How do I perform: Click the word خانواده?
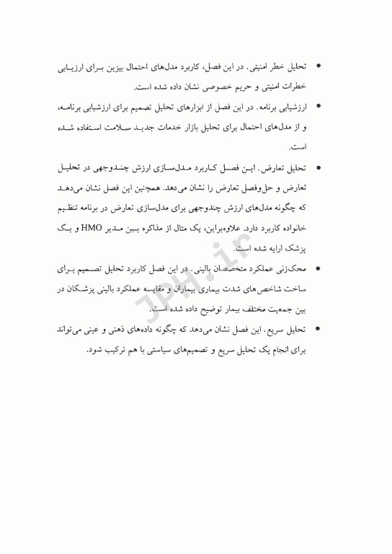[293, 229]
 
